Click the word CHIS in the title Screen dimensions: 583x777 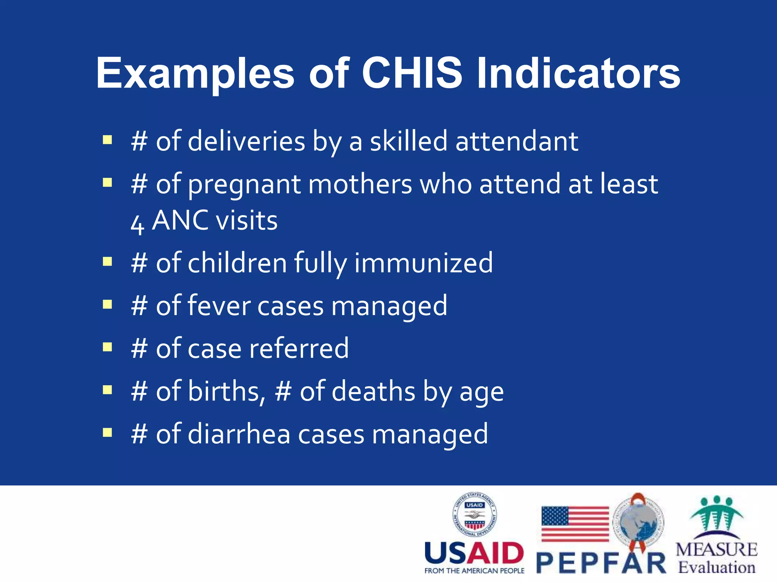click(x=412, y=73)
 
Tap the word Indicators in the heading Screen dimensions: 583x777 click(x=578, y=73)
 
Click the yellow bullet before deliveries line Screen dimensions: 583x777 click(x=107, y=140)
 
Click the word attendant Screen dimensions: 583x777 click(x=517, y=141)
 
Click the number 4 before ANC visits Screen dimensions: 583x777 click(x=137, y=224)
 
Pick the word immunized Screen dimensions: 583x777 click(x=423, y=263)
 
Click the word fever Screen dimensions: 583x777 click(x=219, y=306)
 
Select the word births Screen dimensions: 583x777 click(x=226, y=391)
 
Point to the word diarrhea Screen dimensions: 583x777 click(x=239, y=434)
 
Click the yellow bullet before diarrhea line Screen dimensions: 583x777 click(x=107, y=433)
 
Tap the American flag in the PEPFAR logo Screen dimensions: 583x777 click(x=574, y=524)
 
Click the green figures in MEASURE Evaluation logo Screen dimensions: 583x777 click(x=716, y=514)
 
